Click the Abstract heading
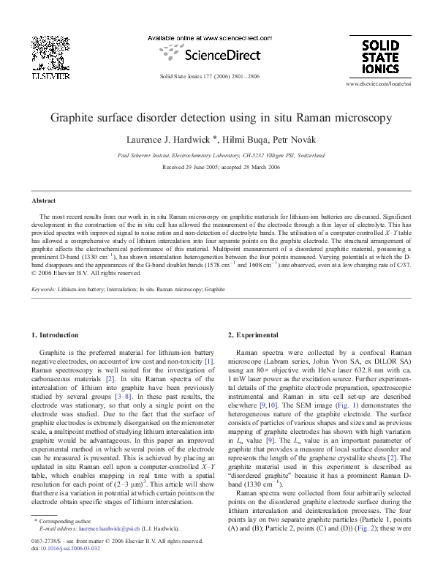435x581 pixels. click(x=44, y=200)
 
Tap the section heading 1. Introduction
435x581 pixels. click(x=55, y=335)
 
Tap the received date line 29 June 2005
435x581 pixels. click(x=220, y=165)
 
